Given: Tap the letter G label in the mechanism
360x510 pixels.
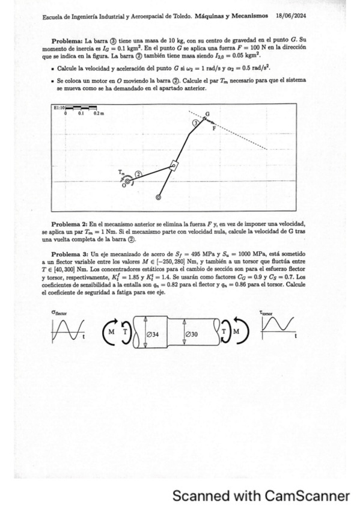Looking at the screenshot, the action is [x=208, y=114].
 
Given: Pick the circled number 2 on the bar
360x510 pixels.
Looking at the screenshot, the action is [x=139, y=174].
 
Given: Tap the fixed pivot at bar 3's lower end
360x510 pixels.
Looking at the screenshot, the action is [x=158, y=197].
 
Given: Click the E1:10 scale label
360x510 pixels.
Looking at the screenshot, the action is [x=59, y=107].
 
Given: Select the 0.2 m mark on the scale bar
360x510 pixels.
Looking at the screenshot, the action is [x=97, y=113].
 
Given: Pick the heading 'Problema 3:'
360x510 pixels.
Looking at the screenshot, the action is [x=70, y=255].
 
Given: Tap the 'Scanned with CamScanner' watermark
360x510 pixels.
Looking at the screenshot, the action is [x=261, y=496].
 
